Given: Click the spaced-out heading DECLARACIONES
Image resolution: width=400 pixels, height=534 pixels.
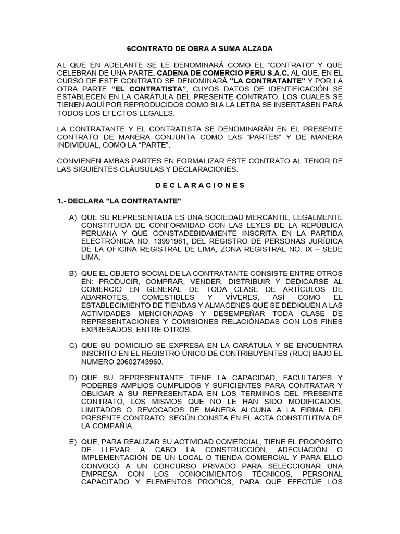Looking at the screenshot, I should click(200, 185).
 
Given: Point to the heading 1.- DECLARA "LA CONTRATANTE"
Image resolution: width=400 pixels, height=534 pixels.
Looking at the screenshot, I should click(119, 201).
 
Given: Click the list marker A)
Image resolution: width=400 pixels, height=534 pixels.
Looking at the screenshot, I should click(72, 216).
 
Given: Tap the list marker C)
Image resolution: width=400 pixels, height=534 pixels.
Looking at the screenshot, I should click(72, 346).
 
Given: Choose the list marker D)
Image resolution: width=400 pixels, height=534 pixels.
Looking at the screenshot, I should click(72, 378).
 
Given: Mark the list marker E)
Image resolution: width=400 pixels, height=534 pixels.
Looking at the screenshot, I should click(72, 442).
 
